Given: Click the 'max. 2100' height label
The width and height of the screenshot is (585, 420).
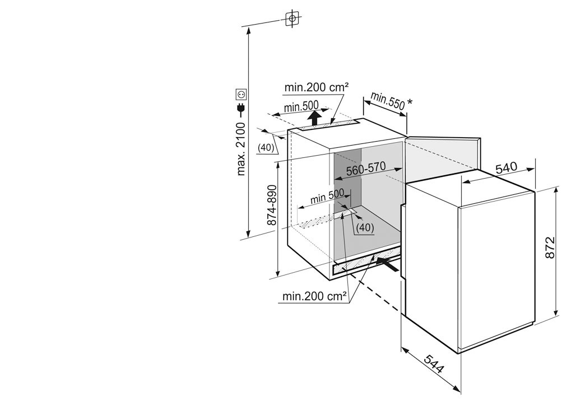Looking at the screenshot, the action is pos(241,149).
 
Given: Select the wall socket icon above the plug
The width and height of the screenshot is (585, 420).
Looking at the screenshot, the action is pos(241,95).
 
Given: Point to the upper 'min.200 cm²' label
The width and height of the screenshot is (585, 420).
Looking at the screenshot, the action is pos(317,87).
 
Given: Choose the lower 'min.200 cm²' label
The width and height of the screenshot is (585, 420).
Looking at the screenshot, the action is pos(315,297).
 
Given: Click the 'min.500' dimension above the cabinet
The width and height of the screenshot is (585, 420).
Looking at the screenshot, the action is pos(301,108).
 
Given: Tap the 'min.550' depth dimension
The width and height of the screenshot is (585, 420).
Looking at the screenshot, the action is pos(387,101).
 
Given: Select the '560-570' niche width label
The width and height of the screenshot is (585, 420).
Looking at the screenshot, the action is pos(365,169).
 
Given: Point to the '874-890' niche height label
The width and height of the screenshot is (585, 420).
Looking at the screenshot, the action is pos(272,205).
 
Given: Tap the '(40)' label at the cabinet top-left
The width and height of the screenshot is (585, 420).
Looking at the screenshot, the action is pos(266,147).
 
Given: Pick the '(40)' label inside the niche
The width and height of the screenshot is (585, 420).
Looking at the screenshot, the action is pos(365,227).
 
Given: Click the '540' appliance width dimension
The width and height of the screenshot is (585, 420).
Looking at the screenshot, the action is pos(507,168).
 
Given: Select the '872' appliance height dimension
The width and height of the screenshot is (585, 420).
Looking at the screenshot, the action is pos(550,248).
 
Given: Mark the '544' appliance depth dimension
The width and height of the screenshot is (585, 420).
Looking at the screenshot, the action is pos(434,363).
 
